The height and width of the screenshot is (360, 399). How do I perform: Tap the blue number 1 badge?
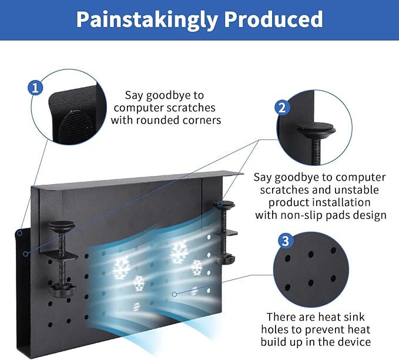pyautogui.click(x=36, y=88)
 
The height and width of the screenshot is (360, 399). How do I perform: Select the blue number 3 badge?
pyautogui.click(x=285, y=241)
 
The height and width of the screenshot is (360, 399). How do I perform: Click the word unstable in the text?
pyautogui.click(x=360, y=189)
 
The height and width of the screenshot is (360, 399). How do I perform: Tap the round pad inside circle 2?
pyautogui.click(x=316, y=128)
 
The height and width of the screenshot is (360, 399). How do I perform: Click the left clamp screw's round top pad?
pyautogui.click(x=62, y=225)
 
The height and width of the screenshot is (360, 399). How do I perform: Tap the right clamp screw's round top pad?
pyautogui.click(x=224, y=205)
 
